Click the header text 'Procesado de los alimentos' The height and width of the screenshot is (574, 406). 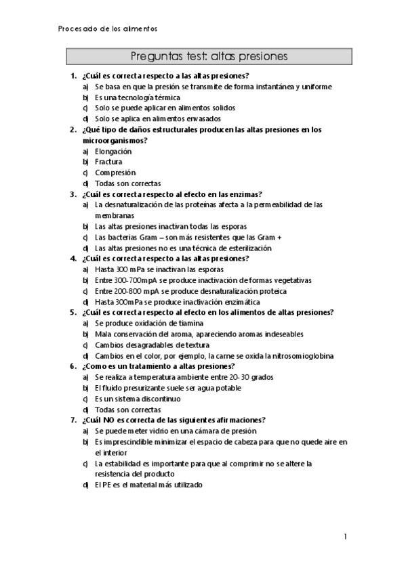coord(108,29)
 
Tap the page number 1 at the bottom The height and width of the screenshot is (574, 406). coord(345,537)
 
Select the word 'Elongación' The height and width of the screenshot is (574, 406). coord(113,152)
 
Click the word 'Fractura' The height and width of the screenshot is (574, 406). coord(108,162)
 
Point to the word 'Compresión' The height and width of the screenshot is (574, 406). coord(115,173)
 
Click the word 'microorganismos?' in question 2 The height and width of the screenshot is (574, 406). coord(115,140)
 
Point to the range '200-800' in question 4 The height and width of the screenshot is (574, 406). coord(129,291)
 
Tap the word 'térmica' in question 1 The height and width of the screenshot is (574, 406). coord(165,97)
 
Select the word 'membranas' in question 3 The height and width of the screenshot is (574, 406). coord(115,215)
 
